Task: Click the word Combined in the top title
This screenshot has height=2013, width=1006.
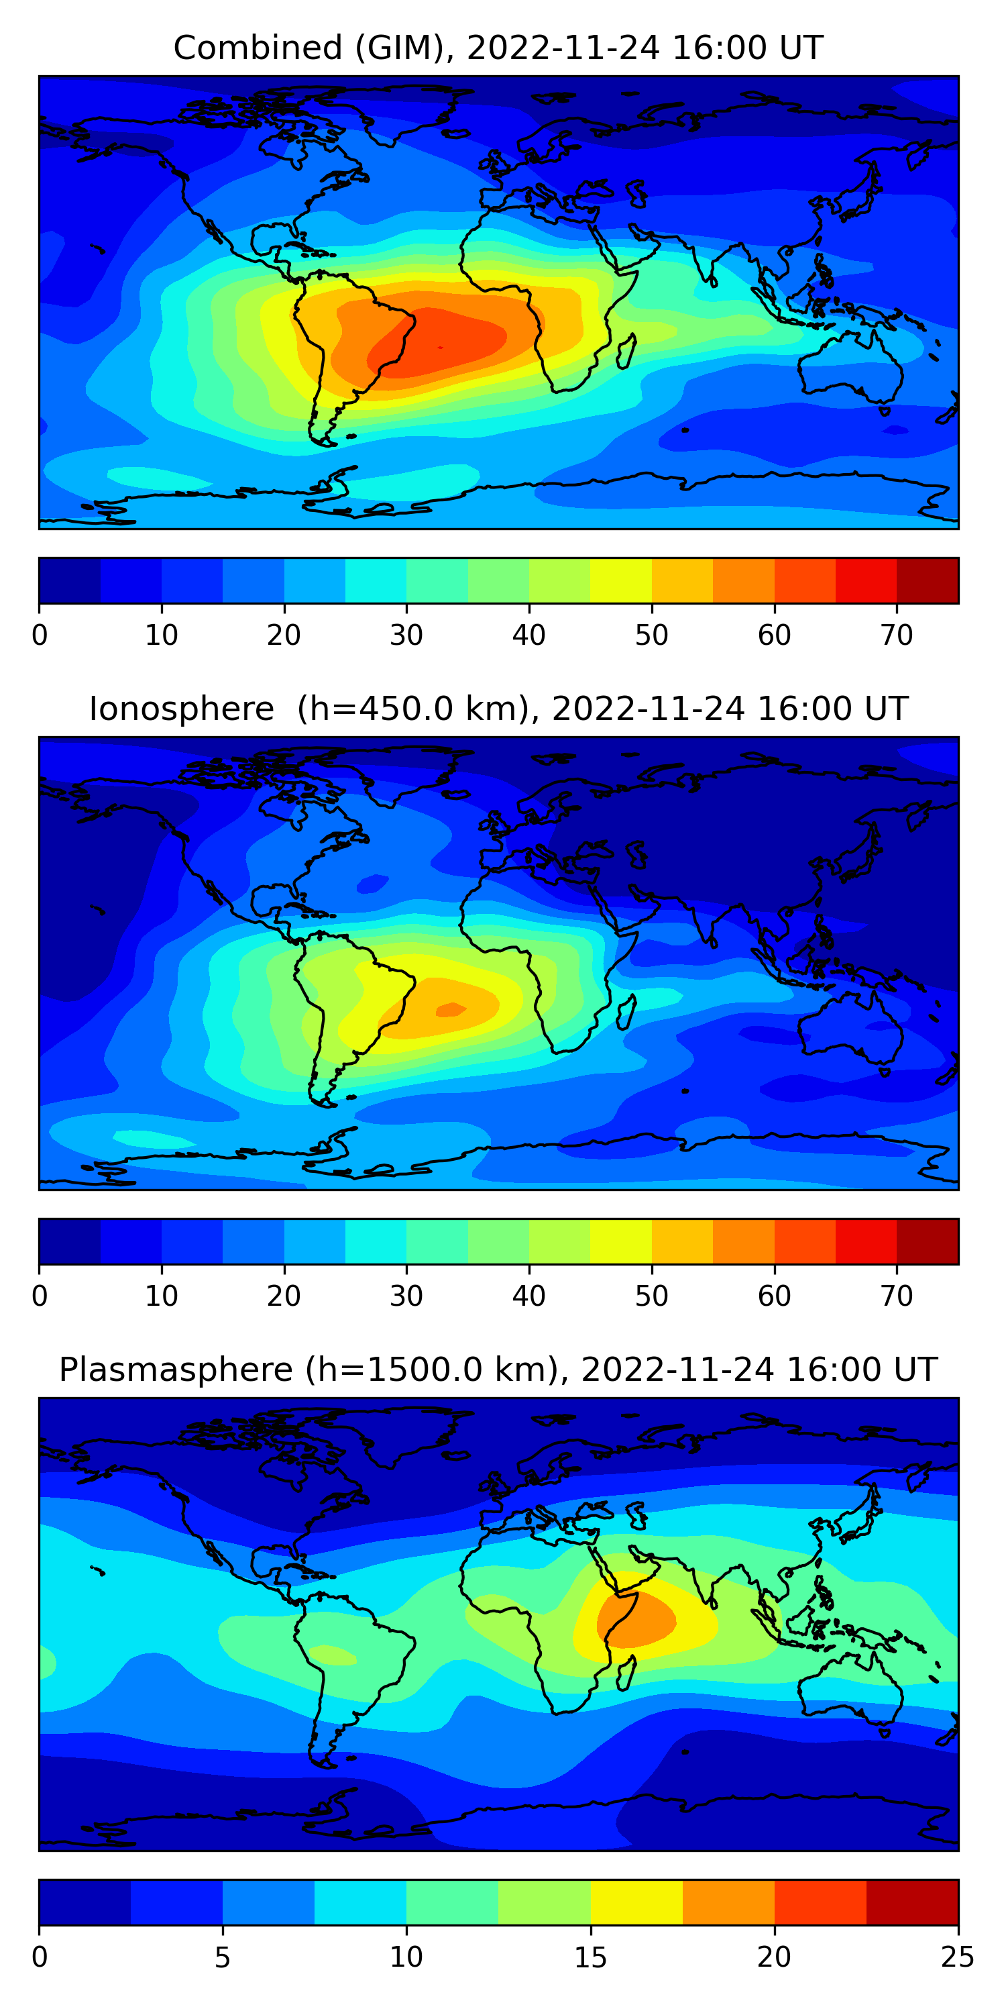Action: [x=257, y=48]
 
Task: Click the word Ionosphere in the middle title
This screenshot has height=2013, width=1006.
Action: [x=181, y=709]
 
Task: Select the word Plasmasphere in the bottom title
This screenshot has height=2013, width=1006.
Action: [x=175, y=1370]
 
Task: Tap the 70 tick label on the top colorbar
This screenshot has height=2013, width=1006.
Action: [x=897, y=635]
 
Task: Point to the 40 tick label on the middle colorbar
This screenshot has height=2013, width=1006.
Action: [x=528, y=1296]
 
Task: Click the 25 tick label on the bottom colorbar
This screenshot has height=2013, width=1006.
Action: [x=958, y=1957]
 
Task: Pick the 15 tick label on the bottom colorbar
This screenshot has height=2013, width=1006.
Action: [x=590, y=1957]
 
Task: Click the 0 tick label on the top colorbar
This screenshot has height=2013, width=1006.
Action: [x=40, y=635]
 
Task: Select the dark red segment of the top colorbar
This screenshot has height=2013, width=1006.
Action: [x=927, y=580]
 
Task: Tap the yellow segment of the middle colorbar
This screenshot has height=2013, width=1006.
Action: [x=621, y=1241]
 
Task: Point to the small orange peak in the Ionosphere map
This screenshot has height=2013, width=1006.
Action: [x=451, y=1010]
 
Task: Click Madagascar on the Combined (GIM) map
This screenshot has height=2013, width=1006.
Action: [x=626, y=352]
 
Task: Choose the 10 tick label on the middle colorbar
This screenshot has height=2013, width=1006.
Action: [x=162, y=1296]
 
